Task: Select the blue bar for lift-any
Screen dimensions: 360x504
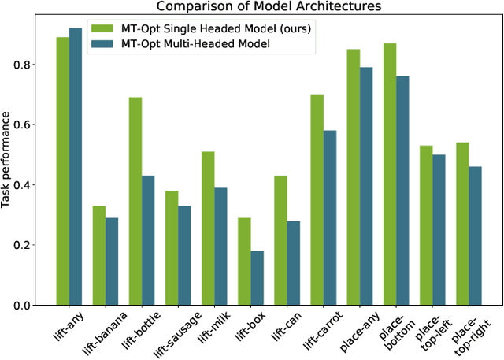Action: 75,166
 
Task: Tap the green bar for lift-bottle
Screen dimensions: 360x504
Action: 135,201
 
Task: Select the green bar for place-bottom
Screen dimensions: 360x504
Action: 391,174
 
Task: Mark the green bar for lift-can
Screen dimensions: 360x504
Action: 281,240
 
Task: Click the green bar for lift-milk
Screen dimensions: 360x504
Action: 208,228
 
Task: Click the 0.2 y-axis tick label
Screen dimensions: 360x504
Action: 24,245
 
